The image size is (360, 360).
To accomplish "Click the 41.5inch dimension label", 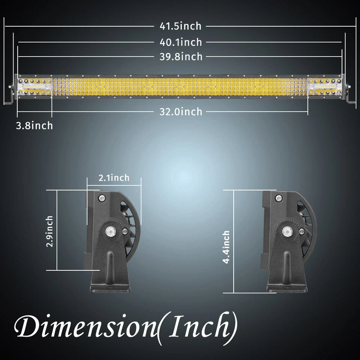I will pyautogui.click(x=180, y=26).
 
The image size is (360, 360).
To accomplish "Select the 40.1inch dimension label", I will pyautogui.click(x=180, y=42).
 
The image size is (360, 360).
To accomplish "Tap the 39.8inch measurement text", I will pyautogui.click(x=180, y=57).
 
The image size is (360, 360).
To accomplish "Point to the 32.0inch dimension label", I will pyautogui.click(x=180, y=112).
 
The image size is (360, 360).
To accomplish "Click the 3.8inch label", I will pyautogui.click(x=34, y=125).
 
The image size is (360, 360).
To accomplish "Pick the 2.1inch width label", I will pyautogui.click(x=114, y=177).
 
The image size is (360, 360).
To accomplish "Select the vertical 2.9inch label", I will pyautogui.click(x=49, y=231).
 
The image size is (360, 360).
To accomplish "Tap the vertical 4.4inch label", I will pyautogui.click(x=226, y=247).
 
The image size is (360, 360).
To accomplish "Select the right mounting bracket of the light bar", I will pyautogui.click(x=349, y=94).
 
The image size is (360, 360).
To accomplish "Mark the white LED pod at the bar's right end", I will pyautogui.click(x=325, y=87).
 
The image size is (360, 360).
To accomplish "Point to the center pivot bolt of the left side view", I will pyautogui.click(x=110, y=231).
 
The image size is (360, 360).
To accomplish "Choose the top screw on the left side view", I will pyautogui.click(x=101, y=198).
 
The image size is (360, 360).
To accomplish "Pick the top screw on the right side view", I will pyautogui.click(x=278, y=198).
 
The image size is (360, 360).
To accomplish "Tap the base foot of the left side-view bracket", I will pyautogui.click(x=109, y=288).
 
